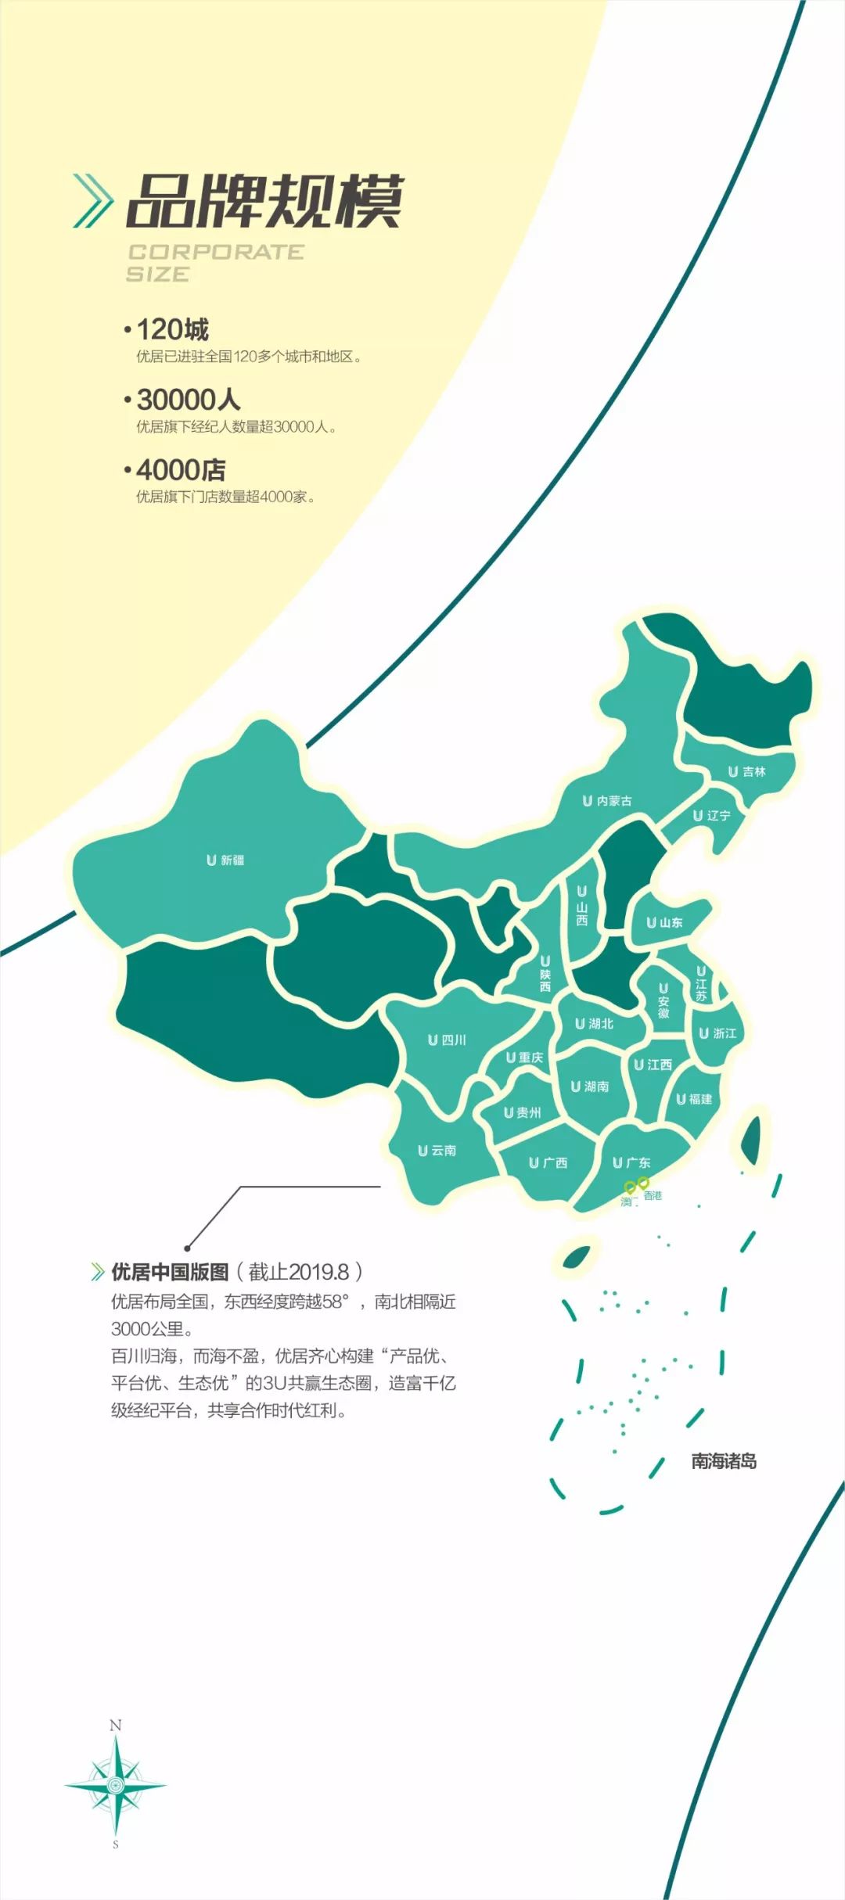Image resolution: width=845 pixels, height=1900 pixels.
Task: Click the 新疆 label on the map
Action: pyautogui.click(x=226, y=860)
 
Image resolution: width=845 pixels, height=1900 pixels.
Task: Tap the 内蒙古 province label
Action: pyautogui.click(x=608, y=801)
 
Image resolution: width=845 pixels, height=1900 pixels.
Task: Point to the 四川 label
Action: pyautogui.click(x=448, y=1040)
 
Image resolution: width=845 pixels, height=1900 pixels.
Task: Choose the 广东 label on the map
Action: pyautogui.click(x=632, y=1163)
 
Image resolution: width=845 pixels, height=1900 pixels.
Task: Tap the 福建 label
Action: pyautogui.click(x=695, y=1099)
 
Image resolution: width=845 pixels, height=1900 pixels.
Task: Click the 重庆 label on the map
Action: pyautogui.click(x=525, y=1058)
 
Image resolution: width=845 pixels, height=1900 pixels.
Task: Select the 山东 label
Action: pyautogui.click(x=665, y=923)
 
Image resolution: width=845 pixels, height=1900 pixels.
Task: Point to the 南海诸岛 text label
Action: pyautogui.click(x=724, y=1460)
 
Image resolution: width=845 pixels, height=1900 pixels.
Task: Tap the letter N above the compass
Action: pyautogui.click(x=116, y=1725)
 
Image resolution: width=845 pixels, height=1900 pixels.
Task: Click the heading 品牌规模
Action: pyautogui.click(x=264, y=202)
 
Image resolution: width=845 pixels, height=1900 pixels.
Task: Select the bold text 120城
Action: pyautogui.click(x=173, y=329)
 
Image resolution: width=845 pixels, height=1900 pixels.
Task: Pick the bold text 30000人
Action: pyautogui.click(x=189, y=400)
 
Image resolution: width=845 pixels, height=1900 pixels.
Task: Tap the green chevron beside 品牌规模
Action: pyautogui.click(x=93, y=201)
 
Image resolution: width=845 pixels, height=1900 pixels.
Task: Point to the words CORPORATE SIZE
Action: pyautogui.click(x=214, y=263)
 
